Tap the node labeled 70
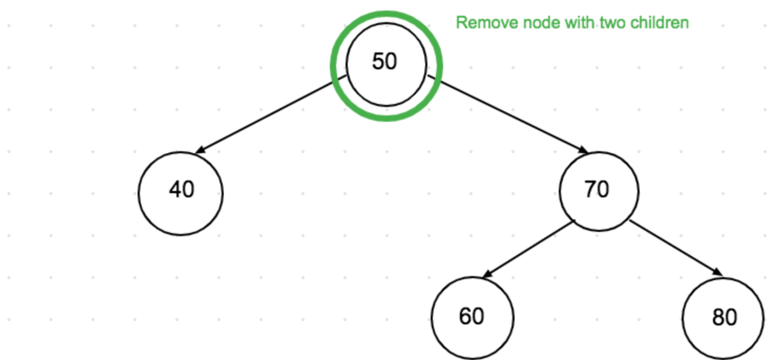599,191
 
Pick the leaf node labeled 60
473,317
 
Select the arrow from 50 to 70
507,114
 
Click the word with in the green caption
572,23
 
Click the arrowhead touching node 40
200,151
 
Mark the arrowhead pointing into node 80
717,271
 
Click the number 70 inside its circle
597,189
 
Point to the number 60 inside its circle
471,316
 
